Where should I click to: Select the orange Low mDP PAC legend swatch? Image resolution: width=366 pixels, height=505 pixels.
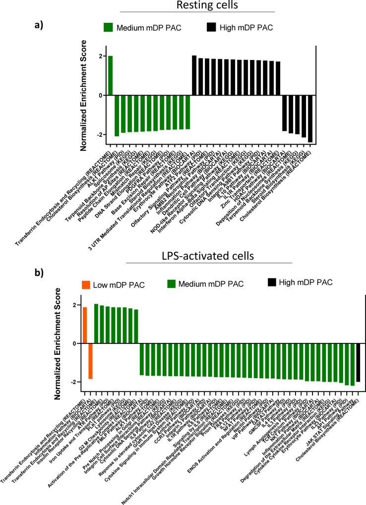pos(86,284)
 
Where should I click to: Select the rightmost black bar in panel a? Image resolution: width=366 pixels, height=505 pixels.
pos(310,119)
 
